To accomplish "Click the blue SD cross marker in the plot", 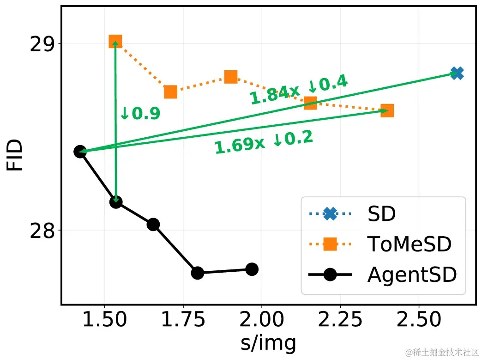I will pos(457,73).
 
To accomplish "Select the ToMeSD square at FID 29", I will pos(115,42).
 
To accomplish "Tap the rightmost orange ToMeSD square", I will pos(387,110).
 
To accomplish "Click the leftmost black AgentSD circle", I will pos(80,152).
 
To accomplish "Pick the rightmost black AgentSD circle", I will pos(252,269).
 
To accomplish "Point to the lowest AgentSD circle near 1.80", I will pos(198,273).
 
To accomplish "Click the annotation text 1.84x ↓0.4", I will pos(298,90).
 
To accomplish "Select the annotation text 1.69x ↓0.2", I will pos(264,142).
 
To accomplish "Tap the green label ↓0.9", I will pos(139,114).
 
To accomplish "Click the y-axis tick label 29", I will pos(42,44).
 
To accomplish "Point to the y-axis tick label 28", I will pos(42,231).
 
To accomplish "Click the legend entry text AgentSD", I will pos(412,275).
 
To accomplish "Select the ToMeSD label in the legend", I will pos(409,244).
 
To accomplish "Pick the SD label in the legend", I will pos(382,214).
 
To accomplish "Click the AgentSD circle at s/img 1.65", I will pos(153,225).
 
